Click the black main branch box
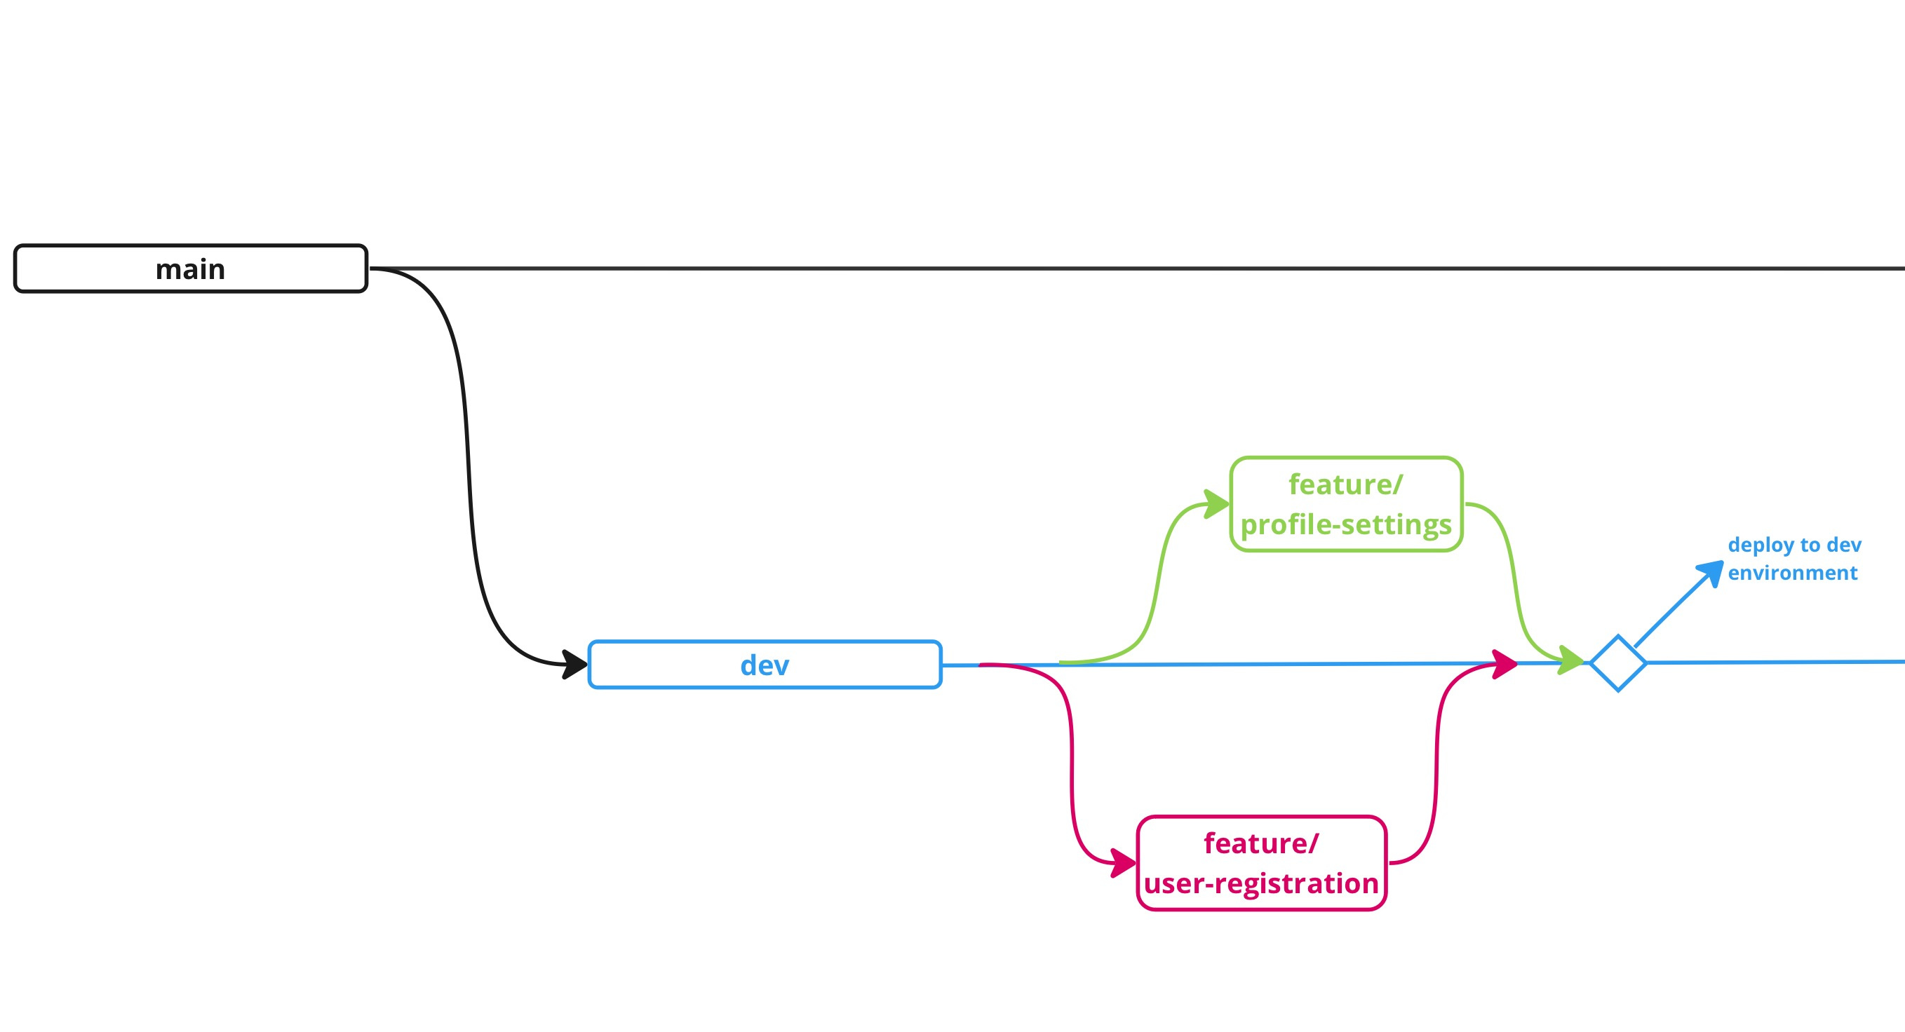point(89,269)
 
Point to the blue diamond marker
point(1618,663)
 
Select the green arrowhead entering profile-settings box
point(1216,504)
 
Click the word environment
point(1792,573)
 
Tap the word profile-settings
point(1346,525)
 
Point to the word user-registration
point(1261,883)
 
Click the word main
point(190,269)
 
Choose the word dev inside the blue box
point(765,665)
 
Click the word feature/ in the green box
point(1345,485)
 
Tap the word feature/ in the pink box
point(1261,843)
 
